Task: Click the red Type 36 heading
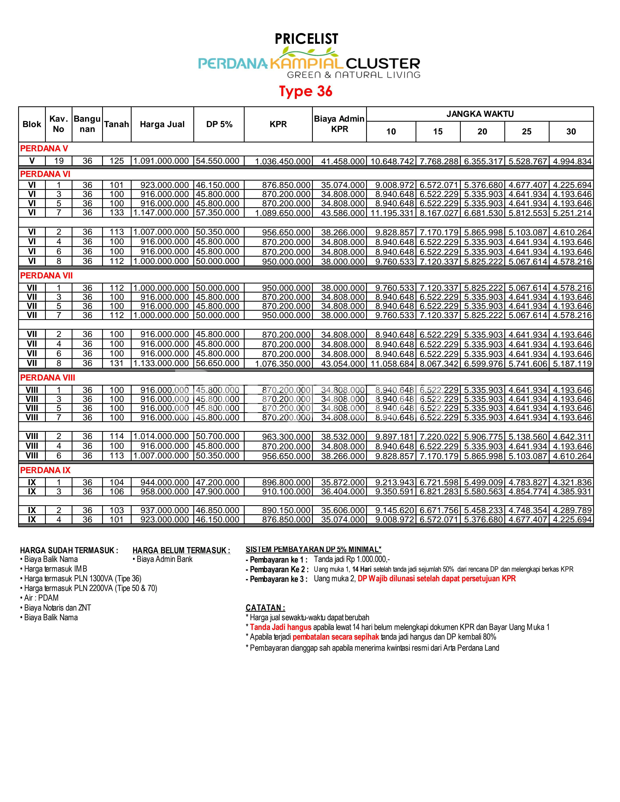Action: (306, 91)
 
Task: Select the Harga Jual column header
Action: (162, 124)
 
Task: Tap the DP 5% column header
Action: (219, 124)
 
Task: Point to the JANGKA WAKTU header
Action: (480, 114)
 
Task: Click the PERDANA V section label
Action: (44, 149)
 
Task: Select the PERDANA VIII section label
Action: (47, 378)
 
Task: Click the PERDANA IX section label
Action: (45, 470)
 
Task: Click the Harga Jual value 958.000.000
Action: (164, 492)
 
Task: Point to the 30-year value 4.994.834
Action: (572, 161)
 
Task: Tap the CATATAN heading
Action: (265, 608)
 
